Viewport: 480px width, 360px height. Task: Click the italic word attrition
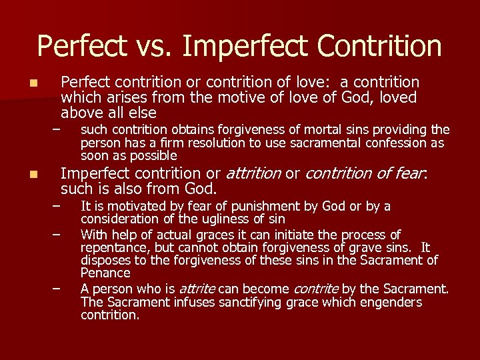point(253,173)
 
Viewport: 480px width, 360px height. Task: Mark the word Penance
point(105,273)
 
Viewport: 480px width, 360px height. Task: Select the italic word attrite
point(196,289)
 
